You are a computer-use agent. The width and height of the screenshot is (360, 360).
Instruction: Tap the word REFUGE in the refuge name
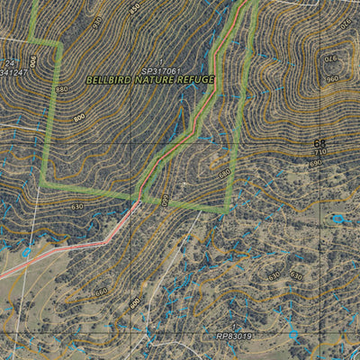(196, 79)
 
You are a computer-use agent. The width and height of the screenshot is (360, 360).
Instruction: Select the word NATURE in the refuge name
(157, 80)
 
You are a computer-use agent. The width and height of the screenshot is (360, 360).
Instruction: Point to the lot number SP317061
(161, 70)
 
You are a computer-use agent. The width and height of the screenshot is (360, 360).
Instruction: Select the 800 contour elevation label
(79, 117)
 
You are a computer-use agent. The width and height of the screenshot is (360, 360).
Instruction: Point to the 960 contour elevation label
(333, 78)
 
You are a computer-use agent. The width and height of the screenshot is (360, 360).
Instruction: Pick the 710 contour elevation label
(320, 154)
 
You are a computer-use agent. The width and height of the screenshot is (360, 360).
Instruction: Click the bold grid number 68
(320, 143)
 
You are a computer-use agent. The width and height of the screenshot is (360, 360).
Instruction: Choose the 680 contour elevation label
(225, 172)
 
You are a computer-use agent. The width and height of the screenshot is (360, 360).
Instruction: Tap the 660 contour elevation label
(101, 291)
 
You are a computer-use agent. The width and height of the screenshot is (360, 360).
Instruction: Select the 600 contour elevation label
(135, 304)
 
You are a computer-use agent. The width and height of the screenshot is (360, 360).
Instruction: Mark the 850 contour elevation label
(134, 9)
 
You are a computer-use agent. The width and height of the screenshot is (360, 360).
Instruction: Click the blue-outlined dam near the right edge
(338, 219)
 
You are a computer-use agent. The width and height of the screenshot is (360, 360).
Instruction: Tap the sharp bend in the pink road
(106, 239)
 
